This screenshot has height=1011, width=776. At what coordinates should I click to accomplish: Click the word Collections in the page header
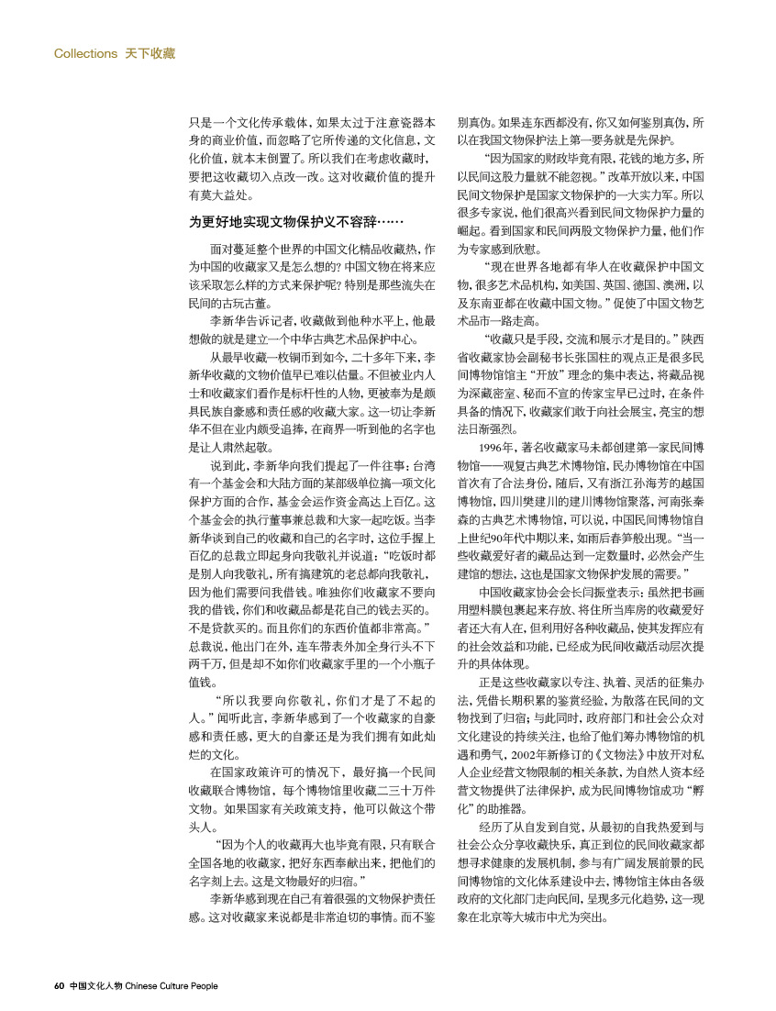[85, 53]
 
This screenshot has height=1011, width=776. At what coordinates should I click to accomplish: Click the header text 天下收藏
[150, 53]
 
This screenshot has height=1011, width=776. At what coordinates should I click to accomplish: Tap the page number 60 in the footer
[58, 987]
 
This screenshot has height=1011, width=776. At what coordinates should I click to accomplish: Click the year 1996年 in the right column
[496, 447]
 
